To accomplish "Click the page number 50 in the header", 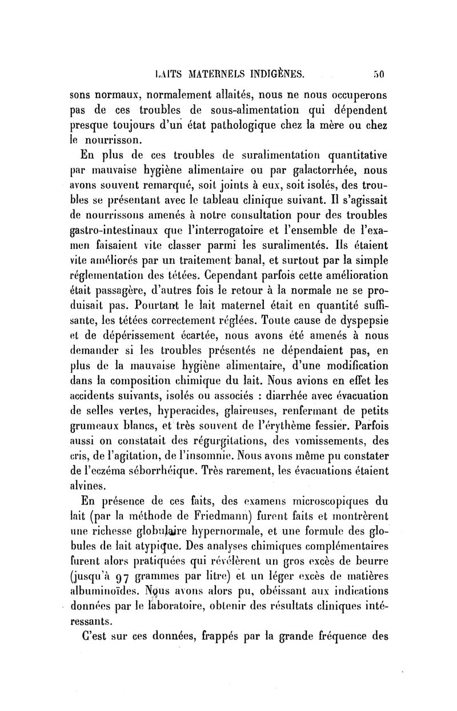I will pyautogui.click(x=380, y=73).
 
